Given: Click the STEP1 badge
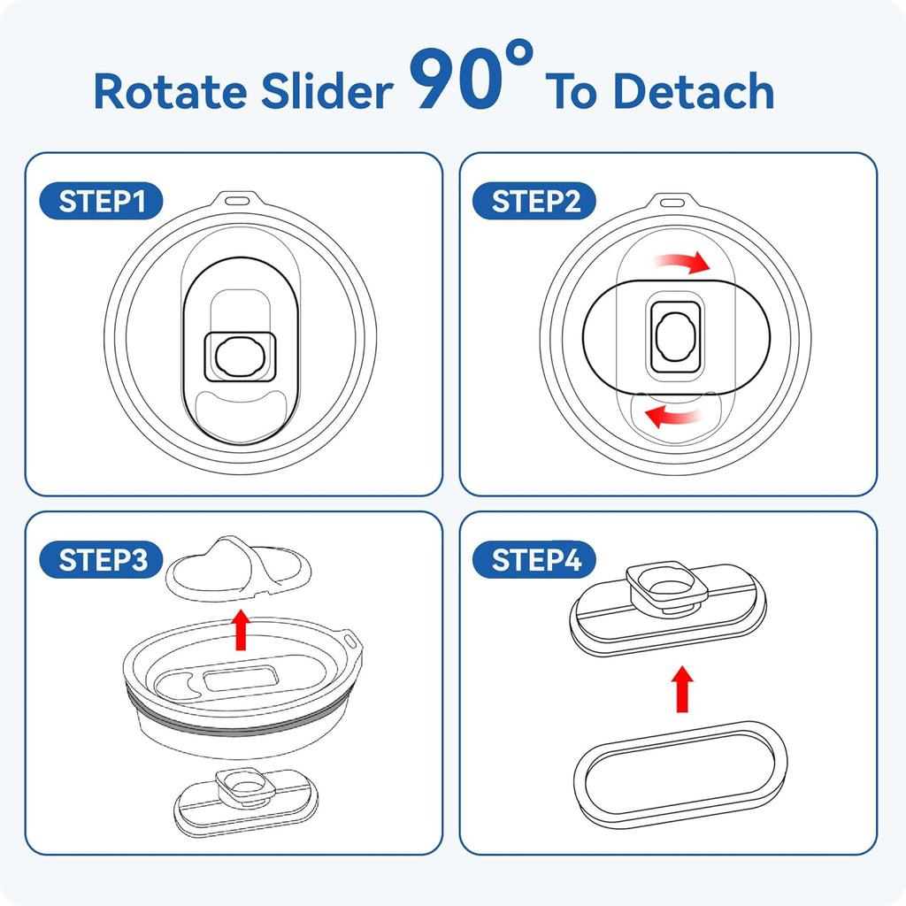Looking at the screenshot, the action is pos(101,201).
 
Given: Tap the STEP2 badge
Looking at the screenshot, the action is pos(534,201).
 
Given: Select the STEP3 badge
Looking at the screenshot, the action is pos(101,559).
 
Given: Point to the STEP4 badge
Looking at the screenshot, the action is pos(534,559).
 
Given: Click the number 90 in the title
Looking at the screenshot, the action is pos(457,79).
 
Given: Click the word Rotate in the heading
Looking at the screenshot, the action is pos(171,91).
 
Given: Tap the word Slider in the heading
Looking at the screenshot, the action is pos(327,90).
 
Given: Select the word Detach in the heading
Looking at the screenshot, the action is pos(694,90).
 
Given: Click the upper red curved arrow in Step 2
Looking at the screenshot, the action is pos(683,262).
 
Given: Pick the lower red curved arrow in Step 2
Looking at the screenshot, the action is pos(673,415).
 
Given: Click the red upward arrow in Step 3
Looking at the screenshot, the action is pos(241,629).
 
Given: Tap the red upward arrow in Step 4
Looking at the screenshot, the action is pos(682,688).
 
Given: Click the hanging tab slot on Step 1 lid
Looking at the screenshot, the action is pos(237,201).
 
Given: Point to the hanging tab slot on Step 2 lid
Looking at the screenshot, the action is pos(672,203).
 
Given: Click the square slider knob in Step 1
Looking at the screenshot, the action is pos(240,357).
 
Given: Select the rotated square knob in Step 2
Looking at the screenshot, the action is pos(675,337).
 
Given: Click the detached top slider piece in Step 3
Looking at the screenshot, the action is pos(239,569).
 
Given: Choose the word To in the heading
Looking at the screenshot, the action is pos(572,91).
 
